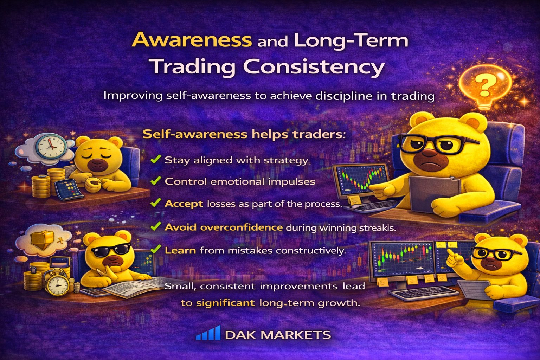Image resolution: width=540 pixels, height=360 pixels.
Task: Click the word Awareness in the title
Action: click(x=192, y=40)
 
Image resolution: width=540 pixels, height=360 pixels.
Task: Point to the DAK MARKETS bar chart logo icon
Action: click(x=208, y=333)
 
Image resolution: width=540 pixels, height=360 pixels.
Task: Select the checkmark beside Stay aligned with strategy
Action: click(x=155, y=160)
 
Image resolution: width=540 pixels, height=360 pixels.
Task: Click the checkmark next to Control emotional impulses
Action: click(x=155, y=181)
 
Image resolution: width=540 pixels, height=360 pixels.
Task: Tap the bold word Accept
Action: click(x=184, y=204)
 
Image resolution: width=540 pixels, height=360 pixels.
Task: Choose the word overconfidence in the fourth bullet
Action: click(x=241, y=227)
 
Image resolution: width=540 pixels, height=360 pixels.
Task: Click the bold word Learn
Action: click(x=180, y=250)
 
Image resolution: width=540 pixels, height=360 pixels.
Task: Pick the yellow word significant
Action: click(x=225, y=303)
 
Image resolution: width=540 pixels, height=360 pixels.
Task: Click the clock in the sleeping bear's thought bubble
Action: click(x=52, y=147)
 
